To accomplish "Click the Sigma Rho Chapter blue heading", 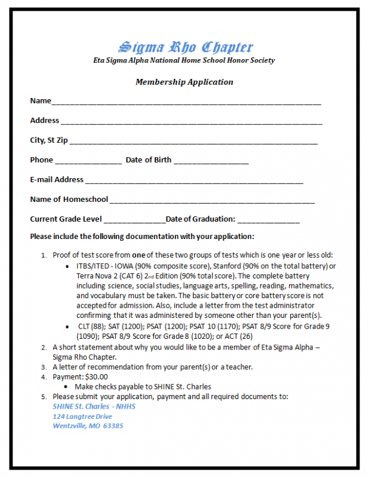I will point(185,47).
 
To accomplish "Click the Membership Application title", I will point(184,82).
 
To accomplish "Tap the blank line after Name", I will point(186,103).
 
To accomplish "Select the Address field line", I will point(191,122).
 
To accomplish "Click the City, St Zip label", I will point(49,140).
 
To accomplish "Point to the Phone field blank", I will point(88,162).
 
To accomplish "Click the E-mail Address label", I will point(57,179).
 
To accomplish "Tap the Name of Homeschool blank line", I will point(212,201).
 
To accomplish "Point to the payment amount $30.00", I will point(96,377).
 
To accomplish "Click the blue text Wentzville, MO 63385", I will point(88,426).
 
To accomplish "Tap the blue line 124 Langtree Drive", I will point(82,416).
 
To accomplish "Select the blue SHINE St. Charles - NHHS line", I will point(94,406).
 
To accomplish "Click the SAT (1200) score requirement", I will point(121,327).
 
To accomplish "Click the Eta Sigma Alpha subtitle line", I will point(184,60).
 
